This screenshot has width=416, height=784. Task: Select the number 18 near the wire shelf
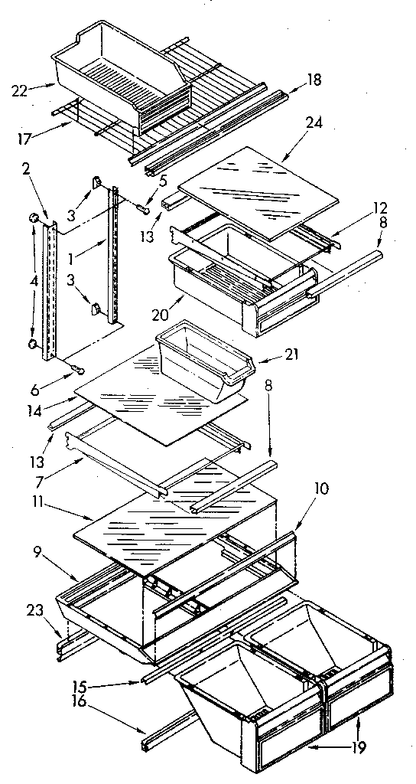pos(314,80)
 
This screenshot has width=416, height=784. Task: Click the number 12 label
pos(380,207)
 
